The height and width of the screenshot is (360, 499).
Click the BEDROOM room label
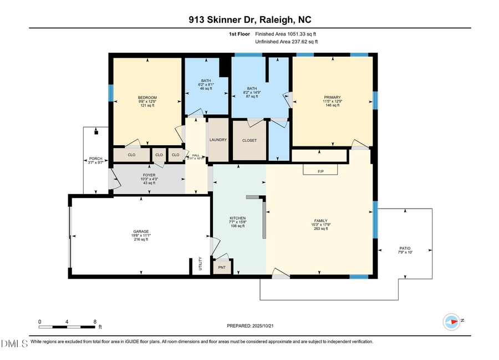coord(147,98)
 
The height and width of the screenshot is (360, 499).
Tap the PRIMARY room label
coord(333,97)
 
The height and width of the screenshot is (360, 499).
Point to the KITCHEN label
coord(238,218)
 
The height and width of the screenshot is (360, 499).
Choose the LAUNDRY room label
coord(218,140)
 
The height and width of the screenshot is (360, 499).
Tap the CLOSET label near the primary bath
coord(249,140)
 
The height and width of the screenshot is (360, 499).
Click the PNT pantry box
coord(222,267)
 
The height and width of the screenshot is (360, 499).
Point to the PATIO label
coord(405,249)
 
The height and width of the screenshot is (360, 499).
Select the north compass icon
coord(452,321)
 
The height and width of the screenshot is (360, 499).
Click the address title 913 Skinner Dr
coord(248,21)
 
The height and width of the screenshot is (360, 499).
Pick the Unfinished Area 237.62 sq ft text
coord(287,42)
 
